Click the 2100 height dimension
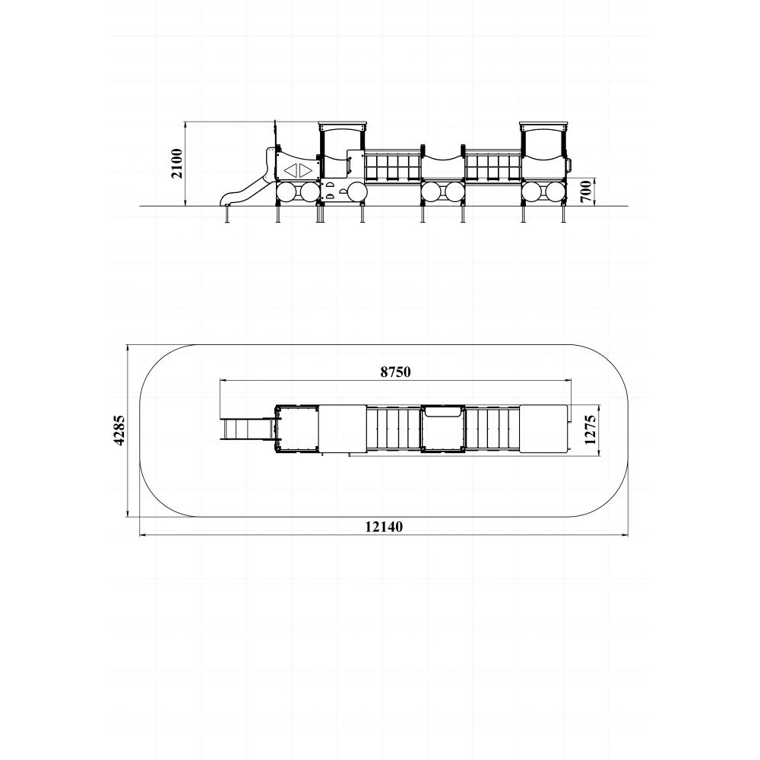click(178, 164)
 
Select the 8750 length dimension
click(395, 372)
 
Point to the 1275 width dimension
click(590, 429)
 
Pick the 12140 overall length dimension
click(384, 527)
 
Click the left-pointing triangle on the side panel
click(291, 170)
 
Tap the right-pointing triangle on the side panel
click(306, 170)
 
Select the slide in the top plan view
click(247, 429)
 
